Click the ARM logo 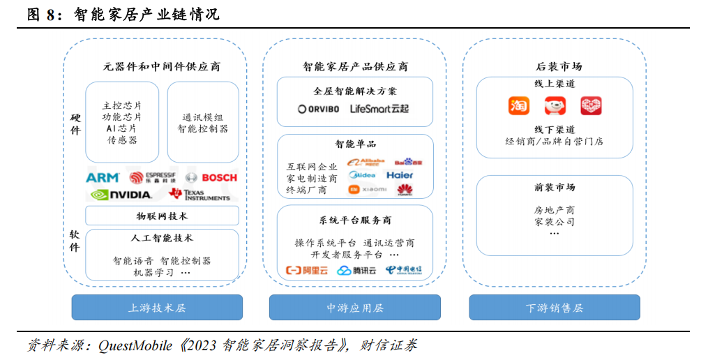point(102,178)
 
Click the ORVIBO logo point(317,109)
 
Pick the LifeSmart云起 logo point(379,109)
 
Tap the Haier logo point(400,175)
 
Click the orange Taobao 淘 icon point(519,106)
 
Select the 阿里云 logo point(307,271)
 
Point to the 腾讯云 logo point(356,271)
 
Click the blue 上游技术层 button point(157,308)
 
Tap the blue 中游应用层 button point(354,308)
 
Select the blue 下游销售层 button point(554,308)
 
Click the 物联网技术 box point(162,216)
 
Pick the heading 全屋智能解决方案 point(354,91)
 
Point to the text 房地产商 point(554,209)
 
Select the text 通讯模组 point(202,117)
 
